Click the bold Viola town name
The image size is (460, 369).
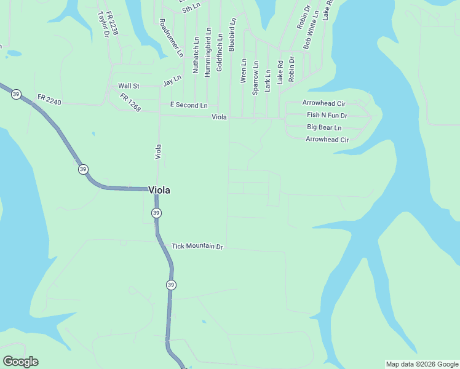(159, 191)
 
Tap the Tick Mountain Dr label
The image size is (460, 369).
(197, 246)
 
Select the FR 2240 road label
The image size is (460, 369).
(49, 98)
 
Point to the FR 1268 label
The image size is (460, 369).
(130, 103)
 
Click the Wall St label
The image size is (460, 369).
(129, 86)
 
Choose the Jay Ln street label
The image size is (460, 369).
(173, 81)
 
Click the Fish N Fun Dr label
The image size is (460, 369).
(327, 115)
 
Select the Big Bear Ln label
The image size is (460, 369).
(324, 127)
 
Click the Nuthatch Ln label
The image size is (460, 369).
(196, 55)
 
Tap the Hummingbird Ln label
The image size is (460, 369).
(208, 52)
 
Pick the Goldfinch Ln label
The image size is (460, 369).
(220, 52)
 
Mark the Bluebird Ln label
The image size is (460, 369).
(232, 34)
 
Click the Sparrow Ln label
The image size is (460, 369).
(256, 77)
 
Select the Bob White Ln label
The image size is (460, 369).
(311, 30)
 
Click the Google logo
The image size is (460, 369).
(20, 362)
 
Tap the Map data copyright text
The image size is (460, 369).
(422, 364)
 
